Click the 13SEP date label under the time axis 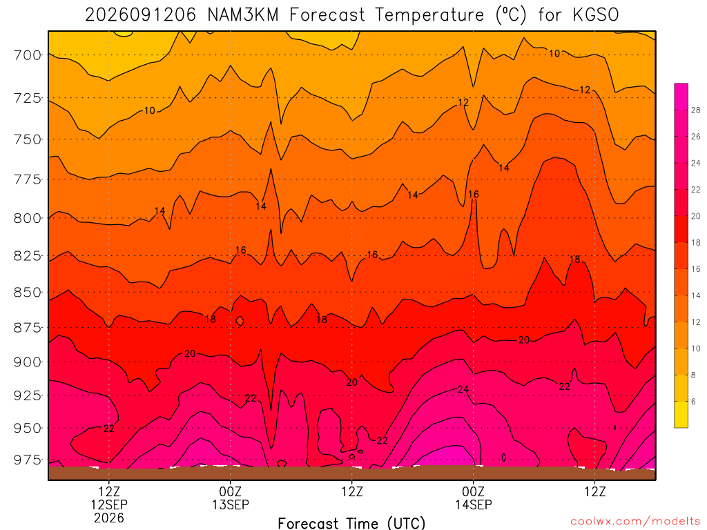point(231,504)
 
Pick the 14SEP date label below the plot point(474,504)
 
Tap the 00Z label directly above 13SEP point(231,491)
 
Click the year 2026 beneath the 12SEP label point(109,518)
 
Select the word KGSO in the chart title point(596,15)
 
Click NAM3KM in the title point(243,15)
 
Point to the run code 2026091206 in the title point(141,15)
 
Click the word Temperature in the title point(429,15)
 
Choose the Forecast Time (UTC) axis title point(351,523)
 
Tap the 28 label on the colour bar point(696,110)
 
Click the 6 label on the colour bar point(693,402)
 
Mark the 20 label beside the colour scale point(696,216)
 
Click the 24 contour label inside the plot point(463,389)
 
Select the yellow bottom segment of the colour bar point(681,415)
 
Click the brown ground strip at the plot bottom point(351,473)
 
